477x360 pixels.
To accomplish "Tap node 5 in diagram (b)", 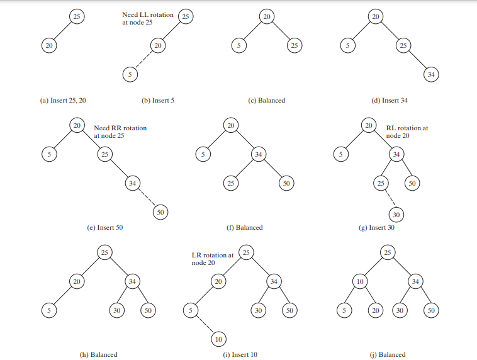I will [128, 73].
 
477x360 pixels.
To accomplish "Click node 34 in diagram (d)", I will [430, 74].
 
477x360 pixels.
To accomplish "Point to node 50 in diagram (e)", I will [160, 212].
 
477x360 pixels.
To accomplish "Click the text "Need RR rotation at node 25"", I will [120, 132].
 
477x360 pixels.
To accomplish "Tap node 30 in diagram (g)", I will [396, 214].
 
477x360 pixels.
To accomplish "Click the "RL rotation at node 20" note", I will [407, 132].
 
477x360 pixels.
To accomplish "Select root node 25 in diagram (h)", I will [104, 252].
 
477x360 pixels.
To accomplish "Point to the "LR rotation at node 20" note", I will [212, 259].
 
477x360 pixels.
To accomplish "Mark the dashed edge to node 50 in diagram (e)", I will [147, 198].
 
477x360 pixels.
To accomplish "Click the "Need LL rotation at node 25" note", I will [147, 18].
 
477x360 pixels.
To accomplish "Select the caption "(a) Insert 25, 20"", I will [64, 100].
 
